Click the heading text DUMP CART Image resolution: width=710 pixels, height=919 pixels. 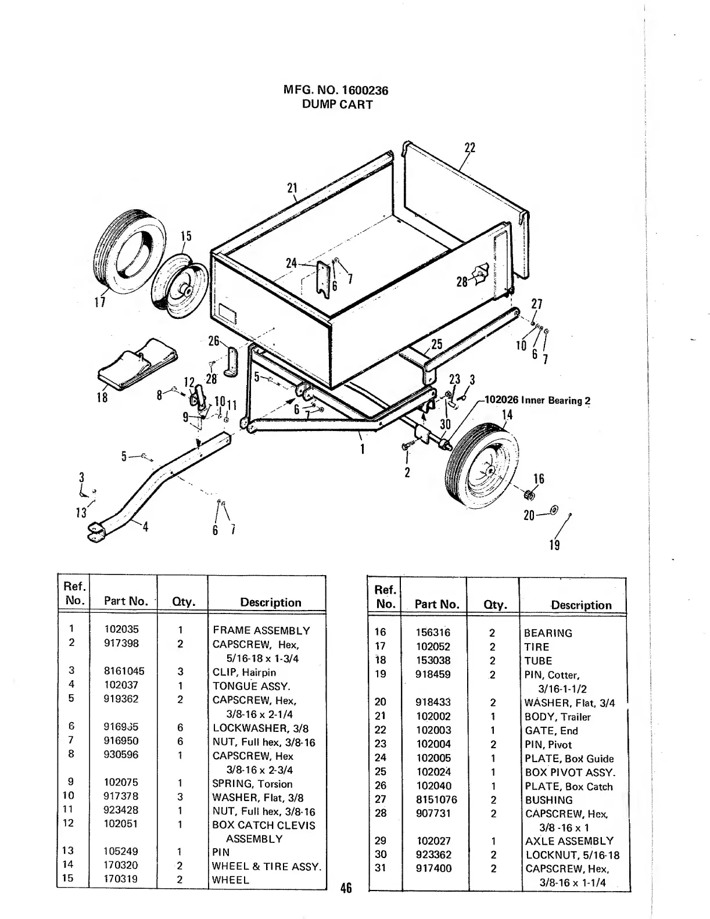[337, 105]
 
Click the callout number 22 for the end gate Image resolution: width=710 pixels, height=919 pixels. [470, 148]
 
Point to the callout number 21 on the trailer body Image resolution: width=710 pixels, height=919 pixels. [292, 188]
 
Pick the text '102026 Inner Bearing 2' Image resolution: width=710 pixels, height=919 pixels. [537, 400]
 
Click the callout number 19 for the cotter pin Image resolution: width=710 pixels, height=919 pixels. [554, 545]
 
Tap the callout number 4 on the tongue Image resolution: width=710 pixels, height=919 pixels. [145, 527]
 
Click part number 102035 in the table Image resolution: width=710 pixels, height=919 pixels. [121, 629]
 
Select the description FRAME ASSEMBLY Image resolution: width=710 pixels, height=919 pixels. [261, 630]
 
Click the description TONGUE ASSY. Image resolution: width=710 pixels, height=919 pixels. [252, 686]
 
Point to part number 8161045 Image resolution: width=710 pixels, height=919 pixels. [124, 671]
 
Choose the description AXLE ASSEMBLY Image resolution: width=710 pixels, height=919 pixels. [569, 841]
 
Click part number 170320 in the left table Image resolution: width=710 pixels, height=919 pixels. [121, 865]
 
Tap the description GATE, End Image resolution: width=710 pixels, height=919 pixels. [551, 731]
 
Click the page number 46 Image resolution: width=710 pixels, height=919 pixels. [346, 888]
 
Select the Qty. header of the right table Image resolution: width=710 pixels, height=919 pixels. [495, 605]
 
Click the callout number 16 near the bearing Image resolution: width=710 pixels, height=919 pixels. [539, 479]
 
